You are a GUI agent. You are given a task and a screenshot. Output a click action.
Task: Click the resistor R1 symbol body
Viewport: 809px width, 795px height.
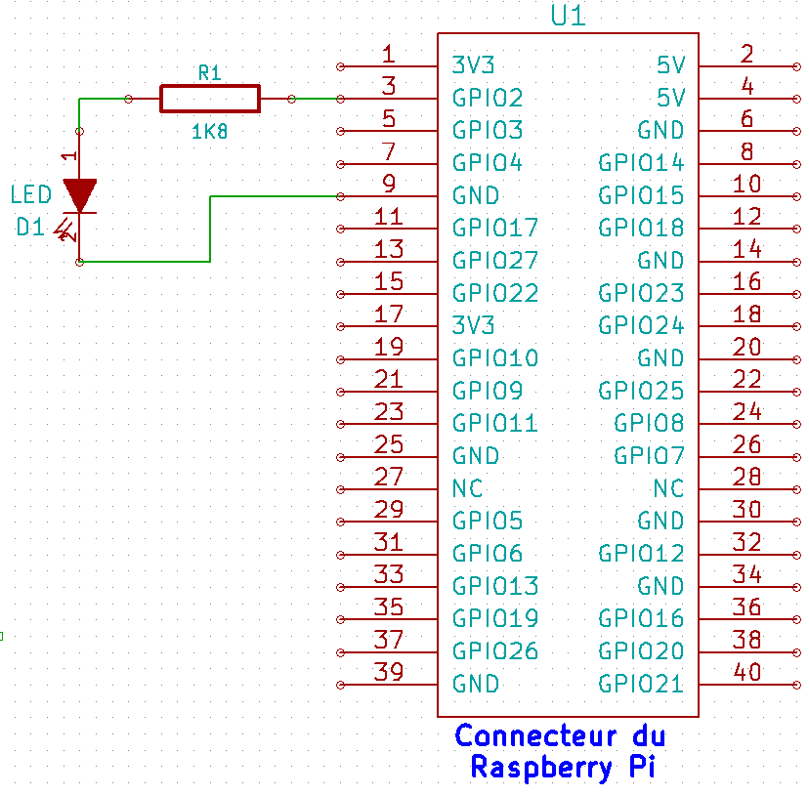click(x=210, y=99)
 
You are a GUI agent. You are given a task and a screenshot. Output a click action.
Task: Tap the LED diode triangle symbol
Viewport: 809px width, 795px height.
click(x=79, y=193)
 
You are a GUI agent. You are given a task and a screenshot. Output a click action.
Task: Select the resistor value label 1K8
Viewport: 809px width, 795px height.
click(x=210, y=131)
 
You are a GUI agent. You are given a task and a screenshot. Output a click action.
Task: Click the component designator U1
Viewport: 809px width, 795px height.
click(x=569, y=16)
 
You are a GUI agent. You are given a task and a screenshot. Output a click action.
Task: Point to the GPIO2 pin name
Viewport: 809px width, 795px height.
click(x=488, y=98)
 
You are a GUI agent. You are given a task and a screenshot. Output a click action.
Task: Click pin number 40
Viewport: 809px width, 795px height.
click(x=747, y=672)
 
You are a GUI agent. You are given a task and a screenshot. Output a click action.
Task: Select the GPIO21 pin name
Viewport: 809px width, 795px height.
click(x=642, y=684)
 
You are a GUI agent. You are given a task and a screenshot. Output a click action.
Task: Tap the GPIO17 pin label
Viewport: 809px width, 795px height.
click(x=495, y=228)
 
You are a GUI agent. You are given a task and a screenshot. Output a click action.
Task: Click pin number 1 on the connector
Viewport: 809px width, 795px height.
click(x=389, y=54)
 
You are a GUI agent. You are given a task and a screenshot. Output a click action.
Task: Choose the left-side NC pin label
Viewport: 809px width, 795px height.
click(x=467, y=488)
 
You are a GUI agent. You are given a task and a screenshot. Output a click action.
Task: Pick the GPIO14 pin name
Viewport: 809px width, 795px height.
click(x=642, y=162)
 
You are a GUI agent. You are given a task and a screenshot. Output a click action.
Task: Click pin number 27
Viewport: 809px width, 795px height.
click(x=389, y=477)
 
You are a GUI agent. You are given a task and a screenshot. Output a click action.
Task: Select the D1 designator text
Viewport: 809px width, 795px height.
click(x=30, y=228)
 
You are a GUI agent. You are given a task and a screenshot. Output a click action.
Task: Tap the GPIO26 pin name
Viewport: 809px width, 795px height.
click(x=495, y=650)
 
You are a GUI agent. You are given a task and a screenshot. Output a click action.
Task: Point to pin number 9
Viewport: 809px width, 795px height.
click(x=389, y=184)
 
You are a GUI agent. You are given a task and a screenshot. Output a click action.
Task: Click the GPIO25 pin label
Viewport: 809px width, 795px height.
click(x=642, y=391)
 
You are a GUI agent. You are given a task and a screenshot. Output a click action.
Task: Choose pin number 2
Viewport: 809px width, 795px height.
click(x=747, y=54)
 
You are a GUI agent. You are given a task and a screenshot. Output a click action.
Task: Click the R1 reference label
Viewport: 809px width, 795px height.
click(x=210, y=72)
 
